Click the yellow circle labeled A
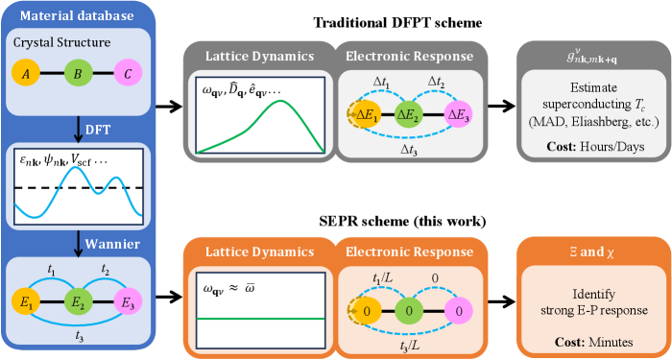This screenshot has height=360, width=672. click(x=26, y=73)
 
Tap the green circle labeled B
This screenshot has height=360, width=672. click(x=79, y=73)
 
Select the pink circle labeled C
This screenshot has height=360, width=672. click(x=128, y=73)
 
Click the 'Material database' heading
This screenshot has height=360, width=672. click(x=77, y=16)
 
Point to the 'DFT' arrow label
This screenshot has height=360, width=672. click(x=98, y=130)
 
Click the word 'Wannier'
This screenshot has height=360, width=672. click(x=112, y=244)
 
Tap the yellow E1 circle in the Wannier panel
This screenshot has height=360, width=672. click(x=26, y=302)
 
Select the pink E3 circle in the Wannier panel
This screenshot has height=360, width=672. click(x=128, y=302)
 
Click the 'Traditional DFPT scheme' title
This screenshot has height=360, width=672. click(x=397, y=23)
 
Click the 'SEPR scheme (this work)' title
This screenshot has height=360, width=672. click(x=403, y=221)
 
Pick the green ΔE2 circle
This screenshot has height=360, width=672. click(x=408, y=114)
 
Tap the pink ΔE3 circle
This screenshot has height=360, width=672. click(x=458, y=114)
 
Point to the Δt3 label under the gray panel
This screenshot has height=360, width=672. click(x=409, y=150)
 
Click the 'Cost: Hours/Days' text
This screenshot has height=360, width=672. click(x=595, y=147)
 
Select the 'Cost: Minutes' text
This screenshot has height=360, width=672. click(x=594, y=342)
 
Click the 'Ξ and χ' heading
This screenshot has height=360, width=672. click(x=592, y=252)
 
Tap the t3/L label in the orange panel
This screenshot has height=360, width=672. click(x=409, y=346)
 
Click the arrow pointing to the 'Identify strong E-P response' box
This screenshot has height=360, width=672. click(x=501, y=301)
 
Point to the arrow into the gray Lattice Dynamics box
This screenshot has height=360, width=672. click(x=169, y=107)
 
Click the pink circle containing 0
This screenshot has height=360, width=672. click(x=459, y=311)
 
